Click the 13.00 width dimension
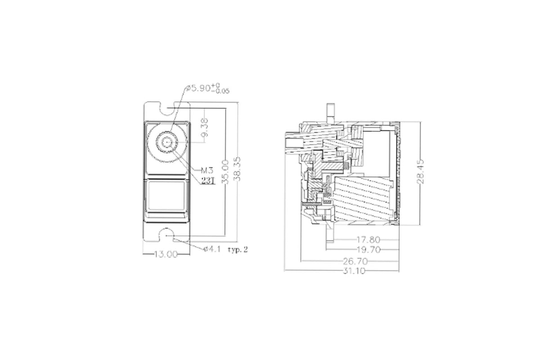click(166, 254)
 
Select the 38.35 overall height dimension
click(238, 169)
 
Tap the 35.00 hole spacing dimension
click(225, 172)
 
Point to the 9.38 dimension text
click(205, 127)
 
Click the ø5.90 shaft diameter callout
click(207, 88)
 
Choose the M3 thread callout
click(207, 171)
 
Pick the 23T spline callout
click(208, 180)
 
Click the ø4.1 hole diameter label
click(212, 249)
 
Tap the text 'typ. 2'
click(238, 250)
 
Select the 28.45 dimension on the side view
click(420, 171)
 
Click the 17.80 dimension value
click(368, 240)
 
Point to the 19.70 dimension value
click(369, 250)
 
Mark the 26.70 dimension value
click(355, 261)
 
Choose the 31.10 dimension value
click(354, 271)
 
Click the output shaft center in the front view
click(167, 142)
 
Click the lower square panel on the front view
click(166, 196)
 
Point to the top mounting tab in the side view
click(331, 113)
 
